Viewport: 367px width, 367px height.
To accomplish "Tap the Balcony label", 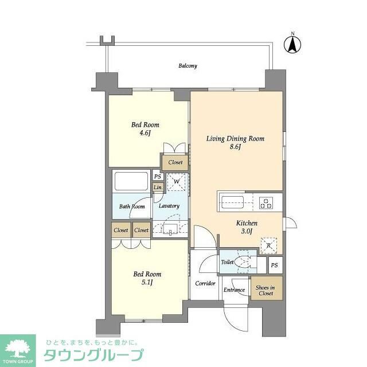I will pos(188,66).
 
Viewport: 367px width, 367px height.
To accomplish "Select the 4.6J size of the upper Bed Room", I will pos(145,133).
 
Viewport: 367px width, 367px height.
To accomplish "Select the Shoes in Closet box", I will pos(265,291).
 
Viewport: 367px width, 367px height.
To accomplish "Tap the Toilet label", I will pos(227,262).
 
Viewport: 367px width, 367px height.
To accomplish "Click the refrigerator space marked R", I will pos(268,245).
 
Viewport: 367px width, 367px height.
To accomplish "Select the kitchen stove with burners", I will pos(268,202).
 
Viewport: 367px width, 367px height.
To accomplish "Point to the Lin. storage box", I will pos(158,188).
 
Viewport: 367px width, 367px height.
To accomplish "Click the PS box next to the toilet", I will pos(275,265).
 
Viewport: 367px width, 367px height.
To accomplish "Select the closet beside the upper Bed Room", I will pos(175,162).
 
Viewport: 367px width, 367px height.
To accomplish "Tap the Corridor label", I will pos(205,283).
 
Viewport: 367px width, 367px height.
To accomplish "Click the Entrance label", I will pos(235,290).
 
